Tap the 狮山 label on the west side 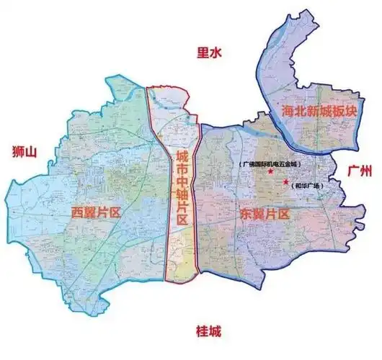pyautogui.click(x=25, y=151)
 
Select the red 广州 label pyautogui.click(x=358, y=171)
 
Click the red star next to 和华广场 pyautogui.click(x=286, y=182)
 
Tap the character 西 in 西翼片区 pyautogui.click(x=78, y=212)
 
